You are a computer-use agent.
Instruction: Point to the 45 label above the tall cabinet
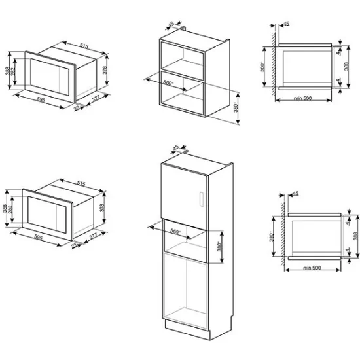point(175,148)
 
